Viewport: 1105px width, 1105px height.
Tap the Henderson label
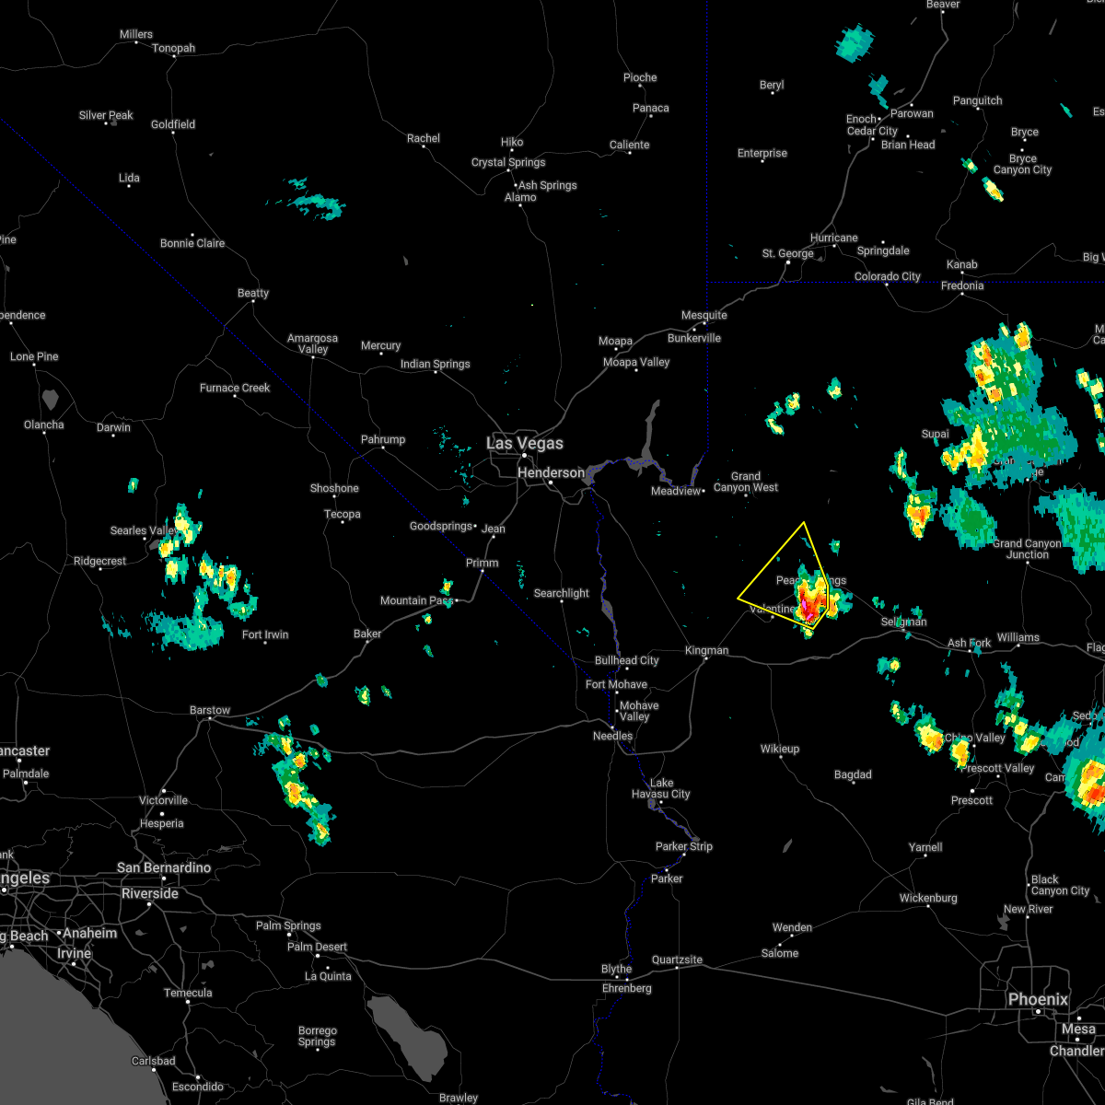pos(551,472)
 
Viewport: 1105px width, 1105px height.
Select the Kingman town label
pos(706,650)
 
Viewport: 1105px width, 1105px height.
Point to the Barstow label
pos(209,710)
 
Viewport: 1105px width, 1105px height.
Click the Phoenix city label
pos(1038,999)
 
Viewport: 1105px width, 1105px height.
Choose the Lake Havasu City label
pos(661,788)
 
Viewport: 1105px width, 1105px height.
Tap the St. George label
pos(787,253)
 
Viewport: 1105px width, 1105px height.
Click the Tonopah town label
pos(173,48)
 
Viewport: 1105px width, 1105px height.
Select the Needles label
pos(612,736)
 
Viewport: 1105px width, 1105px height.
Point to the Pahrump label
pos(383,439)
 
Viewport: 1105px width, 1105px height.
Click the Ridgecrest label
pos(100,561)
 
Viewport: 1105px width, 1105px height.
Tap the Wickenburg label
pos(928,898)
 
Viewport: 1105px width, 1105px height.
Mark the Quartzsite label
pos(677,960)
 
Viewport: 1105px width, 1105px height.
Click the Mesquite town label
pos(704,315)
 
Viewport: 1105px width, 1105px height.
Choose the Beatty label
pos(253,293)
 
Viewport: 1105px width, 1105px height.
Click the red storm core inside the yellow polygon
pos(810,606)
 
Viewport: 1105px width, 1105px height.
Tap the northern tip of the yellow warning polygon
pos(804,523)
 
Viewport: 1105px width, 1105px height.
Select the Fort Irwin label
pos(266,634)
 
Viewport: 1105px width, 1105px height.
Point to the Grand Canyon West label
pos(746,482)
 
